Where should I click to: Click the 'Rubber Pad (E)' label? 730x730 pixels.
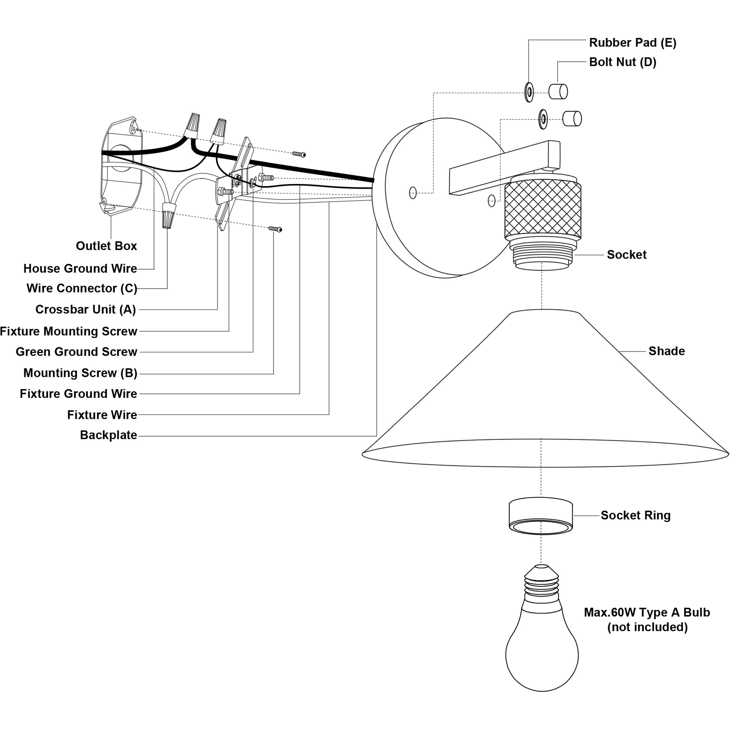(633, 43)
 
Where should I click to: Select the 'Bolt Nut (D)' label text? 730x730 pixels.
(623, 62)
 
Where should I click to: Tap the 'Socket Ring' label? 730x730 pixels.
(635, 516)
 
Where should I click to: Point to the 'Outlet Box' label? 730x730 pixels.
(107, 246)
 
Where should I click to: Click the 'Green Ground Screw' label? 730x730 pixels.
(76, 352)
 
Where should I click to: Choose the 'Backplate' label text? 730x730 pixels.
(108, 435)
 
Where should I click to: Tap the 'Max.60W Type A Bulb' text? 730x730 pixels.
(647, 613)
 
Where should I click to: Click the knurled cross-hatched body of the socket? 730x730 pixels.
(543, 208)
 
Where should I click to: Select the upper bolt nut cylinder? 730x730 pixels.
(558, 92)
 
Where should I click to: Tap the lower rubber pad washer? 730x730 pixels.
(543, 119)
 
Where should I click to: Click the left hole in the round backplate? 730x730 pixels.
(413, 193)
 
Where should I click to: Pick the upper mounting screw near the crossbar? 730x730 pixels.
(299, 154)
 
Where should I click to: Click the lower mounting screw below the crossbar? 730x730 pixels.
(275, 229)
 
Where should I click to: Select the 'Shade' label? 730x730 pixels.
(667, 351)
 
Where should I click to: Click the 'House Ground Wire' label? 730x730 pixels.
(80, 269)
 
